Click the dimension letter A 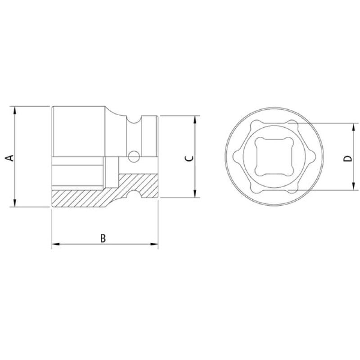point(9,158)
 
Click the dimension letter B point(103,238)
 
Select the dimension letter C point(189,158)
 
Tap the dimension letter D point(347,158)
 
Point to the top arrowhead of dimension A point(15,110)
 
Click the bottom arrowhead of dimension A point(15,203)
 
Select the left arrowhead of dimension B point(56,244)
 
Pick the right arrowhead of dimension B point(154,244)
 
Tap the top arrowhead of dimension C point(195,120)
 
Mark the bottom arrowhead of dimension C point(195,193)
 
